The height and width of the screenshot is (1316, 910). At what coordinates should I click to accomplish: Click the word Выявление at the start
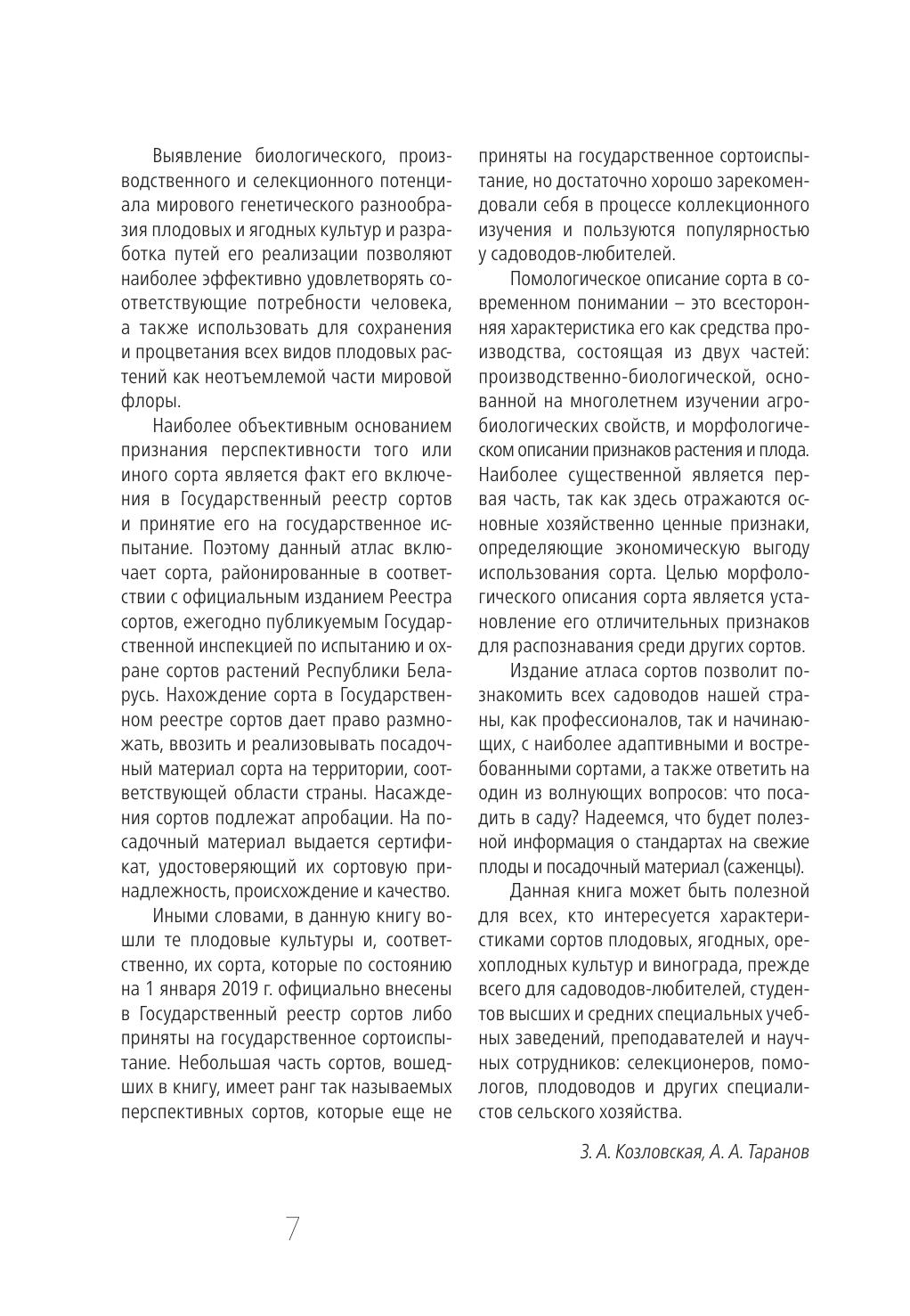point(198,157)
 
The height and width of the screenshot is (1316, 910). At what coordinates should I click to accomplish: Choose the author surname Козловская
point(656,1152)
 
